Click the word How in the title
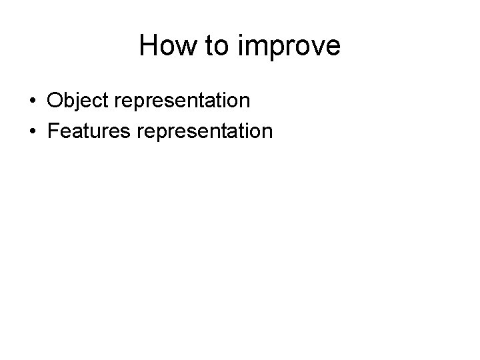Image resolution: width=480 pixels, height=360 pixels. coord(165,47)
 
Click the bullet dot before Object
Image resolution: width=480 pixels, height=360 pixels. coord(33,102)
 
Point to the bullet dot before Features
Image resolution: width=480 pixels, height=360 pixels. coord(33,131)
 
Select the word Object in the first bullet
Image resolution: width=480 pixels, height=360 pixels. coord(79,101)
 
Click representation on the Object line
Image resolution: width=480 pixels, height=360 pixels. coord(183,102)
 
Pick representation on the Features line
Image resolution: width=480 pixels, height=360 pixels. coord(205,131)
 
